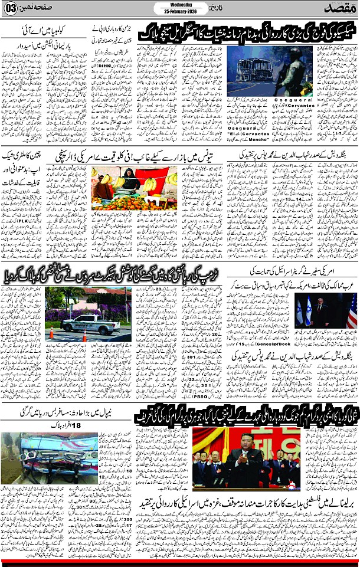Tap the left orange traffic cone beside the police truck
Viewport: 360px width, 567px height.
[x=51, y=333]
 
